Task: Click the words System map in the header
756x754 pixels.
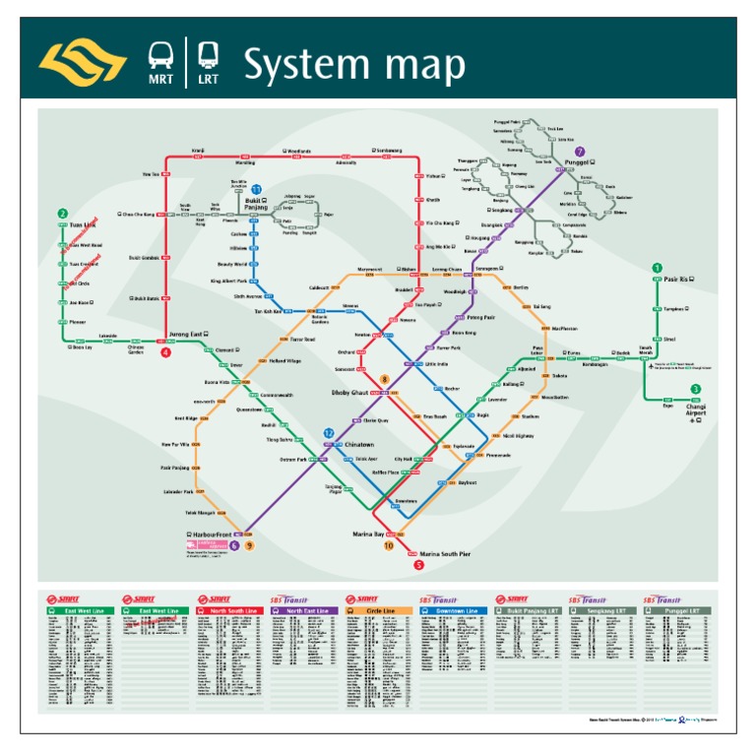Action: click(x=354, y=65)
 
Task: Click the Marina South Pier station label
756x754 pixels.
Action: click(x=445, y=555)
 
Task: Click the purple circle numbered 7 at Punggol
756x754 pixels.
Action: click(x=580, y=152)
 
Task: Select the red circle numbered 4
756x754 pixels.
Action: click(x=166, y=351)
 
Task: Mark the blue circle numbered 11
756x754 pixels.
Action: click(x=256, y=189)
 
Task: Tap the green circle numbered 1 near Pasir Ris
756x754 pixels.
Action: click(x=658, y=268)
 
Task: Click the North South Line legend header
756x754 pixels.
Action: click(x=230, y=610)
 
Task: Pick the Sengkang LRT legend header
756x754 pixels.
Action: click(x=600, y=610)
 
